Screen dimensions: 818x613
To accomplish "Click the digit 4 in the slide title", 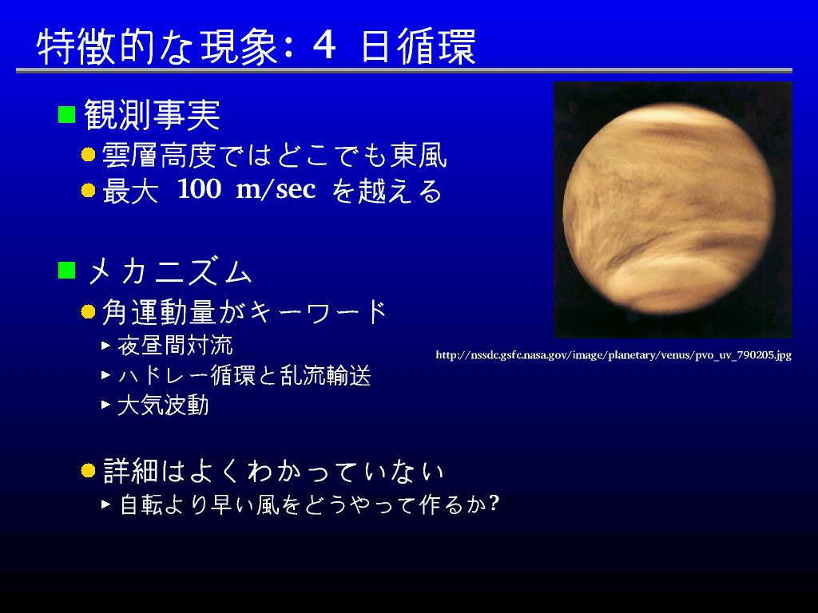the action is tap(324, 45).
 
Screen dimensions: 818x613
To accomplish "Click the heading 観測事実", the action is tap(153, 115).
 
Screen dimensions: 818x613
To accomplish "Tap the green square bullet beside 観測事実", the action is tap(67, 114).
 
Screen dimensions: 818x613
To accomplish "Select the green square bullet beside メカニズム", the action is tap(67, 271).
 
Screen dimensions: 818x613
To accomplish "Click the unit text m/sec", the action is tap(276, 189).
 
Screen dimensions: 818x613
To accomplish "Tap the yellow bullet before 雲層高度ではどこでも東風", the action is tap(88, 155).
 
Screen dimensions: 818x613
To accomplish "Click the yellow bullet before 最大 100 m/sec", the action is tap(88, 190).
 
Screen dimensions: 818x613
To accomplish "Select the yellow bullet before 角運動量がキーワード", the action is tap(88, 312).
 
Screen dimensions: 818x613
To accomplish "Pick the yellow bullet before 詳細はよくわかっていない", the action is tap(88, 471).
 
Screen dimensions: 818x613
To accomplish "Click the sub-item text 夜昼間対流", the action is tap(175, 346).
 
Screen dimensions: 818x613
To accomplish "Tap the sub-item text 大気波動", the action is tap(163, 405).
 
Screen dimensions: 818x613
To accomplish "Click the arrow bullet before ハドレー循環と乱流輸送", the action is tap(106, 375).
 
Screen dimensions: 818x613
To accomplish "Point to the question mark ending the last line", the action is tap(494, 503).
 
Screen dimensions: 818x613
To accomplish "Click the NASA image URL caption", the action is tap(613, 355).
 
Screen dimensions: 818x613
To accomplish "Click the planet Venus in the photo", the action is tap(669, 208).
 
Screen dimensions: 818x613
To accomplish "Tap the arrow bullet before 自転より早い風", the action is tap(106, 504).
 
